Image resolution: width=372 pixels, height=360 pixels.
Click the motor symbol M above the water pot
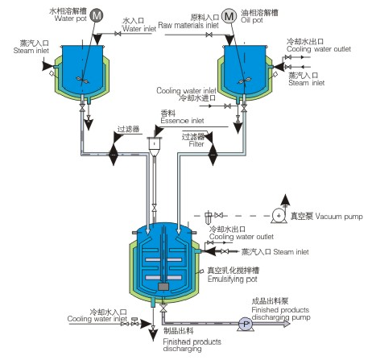point(96,15)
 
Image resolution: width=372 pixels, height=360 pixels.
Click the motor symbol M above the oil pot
point(229,16)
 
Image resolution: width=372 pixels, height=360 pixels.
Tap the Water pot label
point(71,19)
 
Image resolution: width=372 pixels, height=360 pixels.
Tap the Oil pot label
point(252,20)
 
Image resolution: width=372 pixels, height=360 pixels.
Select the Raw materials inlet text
point(188,25)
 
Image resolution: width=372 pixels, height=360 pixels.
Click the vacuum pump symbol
point(279,216)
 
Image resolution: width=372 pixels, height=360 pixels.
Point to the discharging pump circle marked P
point(246,324)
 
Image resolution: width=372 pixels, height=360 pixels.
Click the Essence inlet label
point(182,121)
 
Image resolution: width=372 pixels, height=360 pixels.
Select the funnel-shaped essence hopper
point(155,147)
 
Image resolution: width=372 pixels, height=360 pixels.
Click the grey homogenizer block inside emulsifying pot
point(163,287)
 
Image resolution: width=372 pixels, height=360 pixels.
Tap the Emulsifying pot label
point(233,279)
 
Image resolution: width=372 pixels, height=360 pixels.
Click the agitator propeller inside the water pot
point(82,80)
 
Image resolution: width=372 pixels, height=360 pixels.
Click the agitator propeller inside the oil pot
point(245,81)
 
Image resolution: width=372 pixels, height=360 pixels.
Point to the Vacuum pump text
point(339,217)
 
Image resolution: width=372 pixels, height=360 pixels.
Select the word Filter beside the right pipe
point(196,144)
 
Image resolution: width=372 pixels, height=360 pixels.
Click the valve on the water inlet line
point(118,34)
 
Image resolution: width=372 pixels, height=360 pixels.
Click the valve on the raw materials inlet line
point(209,35)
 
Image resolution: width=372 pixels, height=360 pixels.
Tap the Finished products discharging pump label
point(281,313)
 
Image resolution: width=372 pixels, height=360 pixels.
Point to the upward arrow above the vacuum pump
point(285,201)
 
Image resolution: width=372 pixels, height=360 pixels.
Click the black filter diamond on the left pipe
point(114,155)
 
